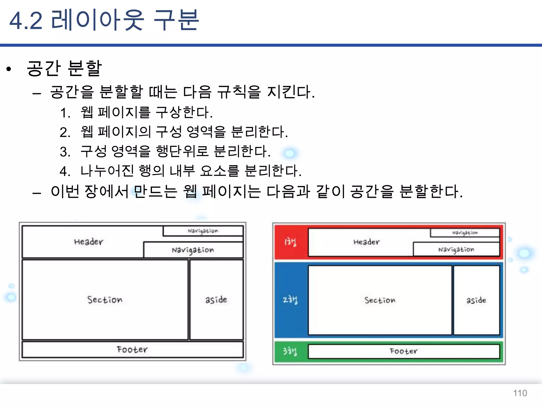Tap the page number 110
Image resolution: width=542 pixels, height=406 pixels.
click(x=520, y=393)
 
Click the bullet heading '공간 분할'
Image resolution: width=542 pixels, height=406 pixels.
click(x=64, y=68)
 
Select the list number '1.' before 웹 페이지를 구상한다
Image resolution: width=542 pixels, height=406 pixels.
click(x=65, y=113)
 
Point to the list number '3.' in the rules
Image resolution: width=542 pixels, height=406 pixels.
click(x=65, y=152)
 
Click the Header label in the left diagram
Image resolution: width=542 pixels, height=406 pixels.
click(x=88, y=242)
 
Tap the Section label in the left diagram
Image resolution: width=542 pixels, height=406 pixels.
click(x=105, y=300)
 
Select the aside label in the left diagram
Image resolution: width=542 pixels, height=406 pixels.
click(x=216, y=299)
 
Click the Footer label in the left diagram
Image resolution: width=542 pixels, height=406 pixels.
click(x=132, y=349)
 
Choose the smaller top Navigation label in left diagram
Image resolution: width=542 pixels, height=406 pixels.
click(x=203, y=231)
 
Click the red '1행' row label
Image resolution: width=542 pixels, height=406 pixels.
click(x=290, y=242)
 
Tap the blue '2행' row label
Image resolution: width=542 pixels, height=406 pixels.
click(x=290, y=300)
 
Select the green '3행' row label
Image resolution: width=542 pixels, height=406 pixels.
click(x=290, y=351)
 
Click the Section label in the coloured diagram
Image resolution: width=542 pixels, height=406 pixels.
click(x=380, y=300)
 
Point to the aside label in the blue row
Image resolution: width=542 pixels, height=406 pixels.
click(x=476, y=300)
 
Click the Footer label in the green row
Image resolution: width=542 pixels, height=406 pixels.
click(x=404, y=351)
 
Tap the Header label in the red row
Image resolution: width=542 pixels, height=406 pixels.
click(x=367, y=242)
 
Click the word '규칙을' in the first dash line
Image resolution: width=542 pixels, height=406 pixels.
click(x=239, y=92)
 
